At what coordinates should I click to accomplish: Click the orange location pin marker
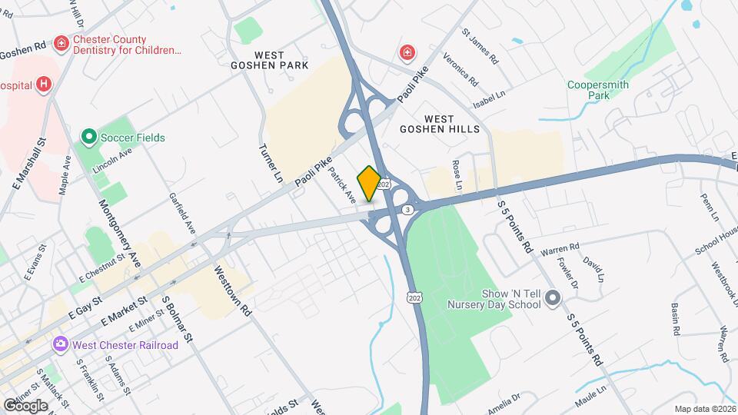[x=369, y=184]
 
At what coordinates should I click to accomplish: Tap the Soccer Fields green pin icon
[x=88, y=138]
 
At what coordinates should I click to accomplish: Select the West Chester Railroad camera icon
[x=59, y=345]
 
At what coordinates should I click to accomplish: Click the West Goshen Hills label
[x=440, y=124]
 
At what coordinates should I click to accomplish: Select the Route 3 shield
[x=407, y=209]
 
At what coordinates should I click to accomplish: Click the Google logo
[x=25, y=405]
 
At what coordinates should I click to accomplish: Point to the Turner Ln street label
[x=272, y=163]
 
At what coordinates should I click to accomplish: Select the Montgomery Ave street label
[x=119, y=231]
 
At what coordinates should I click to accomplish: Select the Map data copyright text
[x=705, y=409]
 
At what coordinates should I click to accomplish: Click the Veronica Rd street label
[x=460, y=70]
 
